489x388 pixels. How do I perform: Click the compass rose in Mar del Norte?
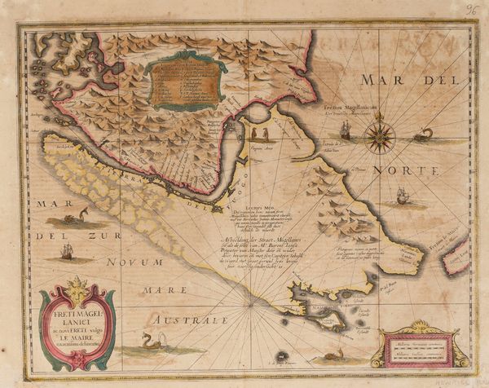pos(380,137)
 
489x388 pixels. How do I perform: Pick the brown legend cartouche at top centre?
pos(185,82)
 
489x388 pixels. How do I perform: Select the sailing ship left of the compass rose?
pos(346,130)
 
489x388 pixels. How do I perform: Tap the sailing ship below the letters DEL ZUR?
pos(67,253)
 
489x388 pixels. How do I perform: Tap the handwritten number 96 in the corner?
pos(472,10)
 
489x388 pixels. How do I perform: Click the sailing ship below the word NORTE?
pos(401,196)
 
